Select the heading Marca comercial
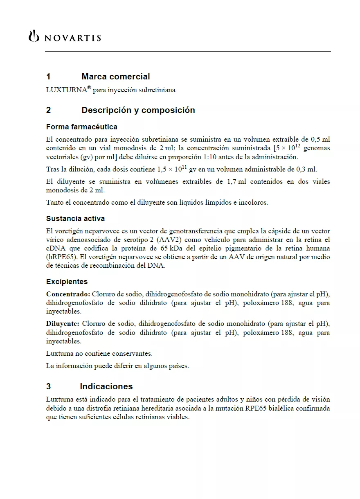tap(115, 77)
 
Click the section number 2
tap(49, 110)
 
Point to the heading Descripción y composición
tap(138, 110)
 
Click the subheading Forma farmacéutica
tap(81, 127)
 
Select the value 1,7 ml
tap(236, 182)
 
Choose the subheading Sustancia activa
tap(75, 219)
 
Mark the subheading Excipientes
tap(67, 282)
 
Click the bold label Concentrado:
tap(68, 294)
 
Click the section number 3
tap(49, 386)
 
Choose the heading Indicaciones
tap(106, 386)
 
